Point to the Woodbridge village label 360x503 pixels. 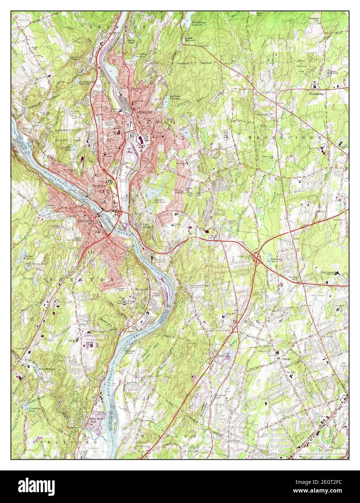coord(317,93)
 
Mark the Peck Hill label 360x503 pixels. coord(259,14)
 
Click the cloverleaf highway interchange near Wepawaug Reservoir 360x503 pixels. coord(258,258)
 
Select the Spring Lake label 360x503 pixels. coord(132,41)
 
